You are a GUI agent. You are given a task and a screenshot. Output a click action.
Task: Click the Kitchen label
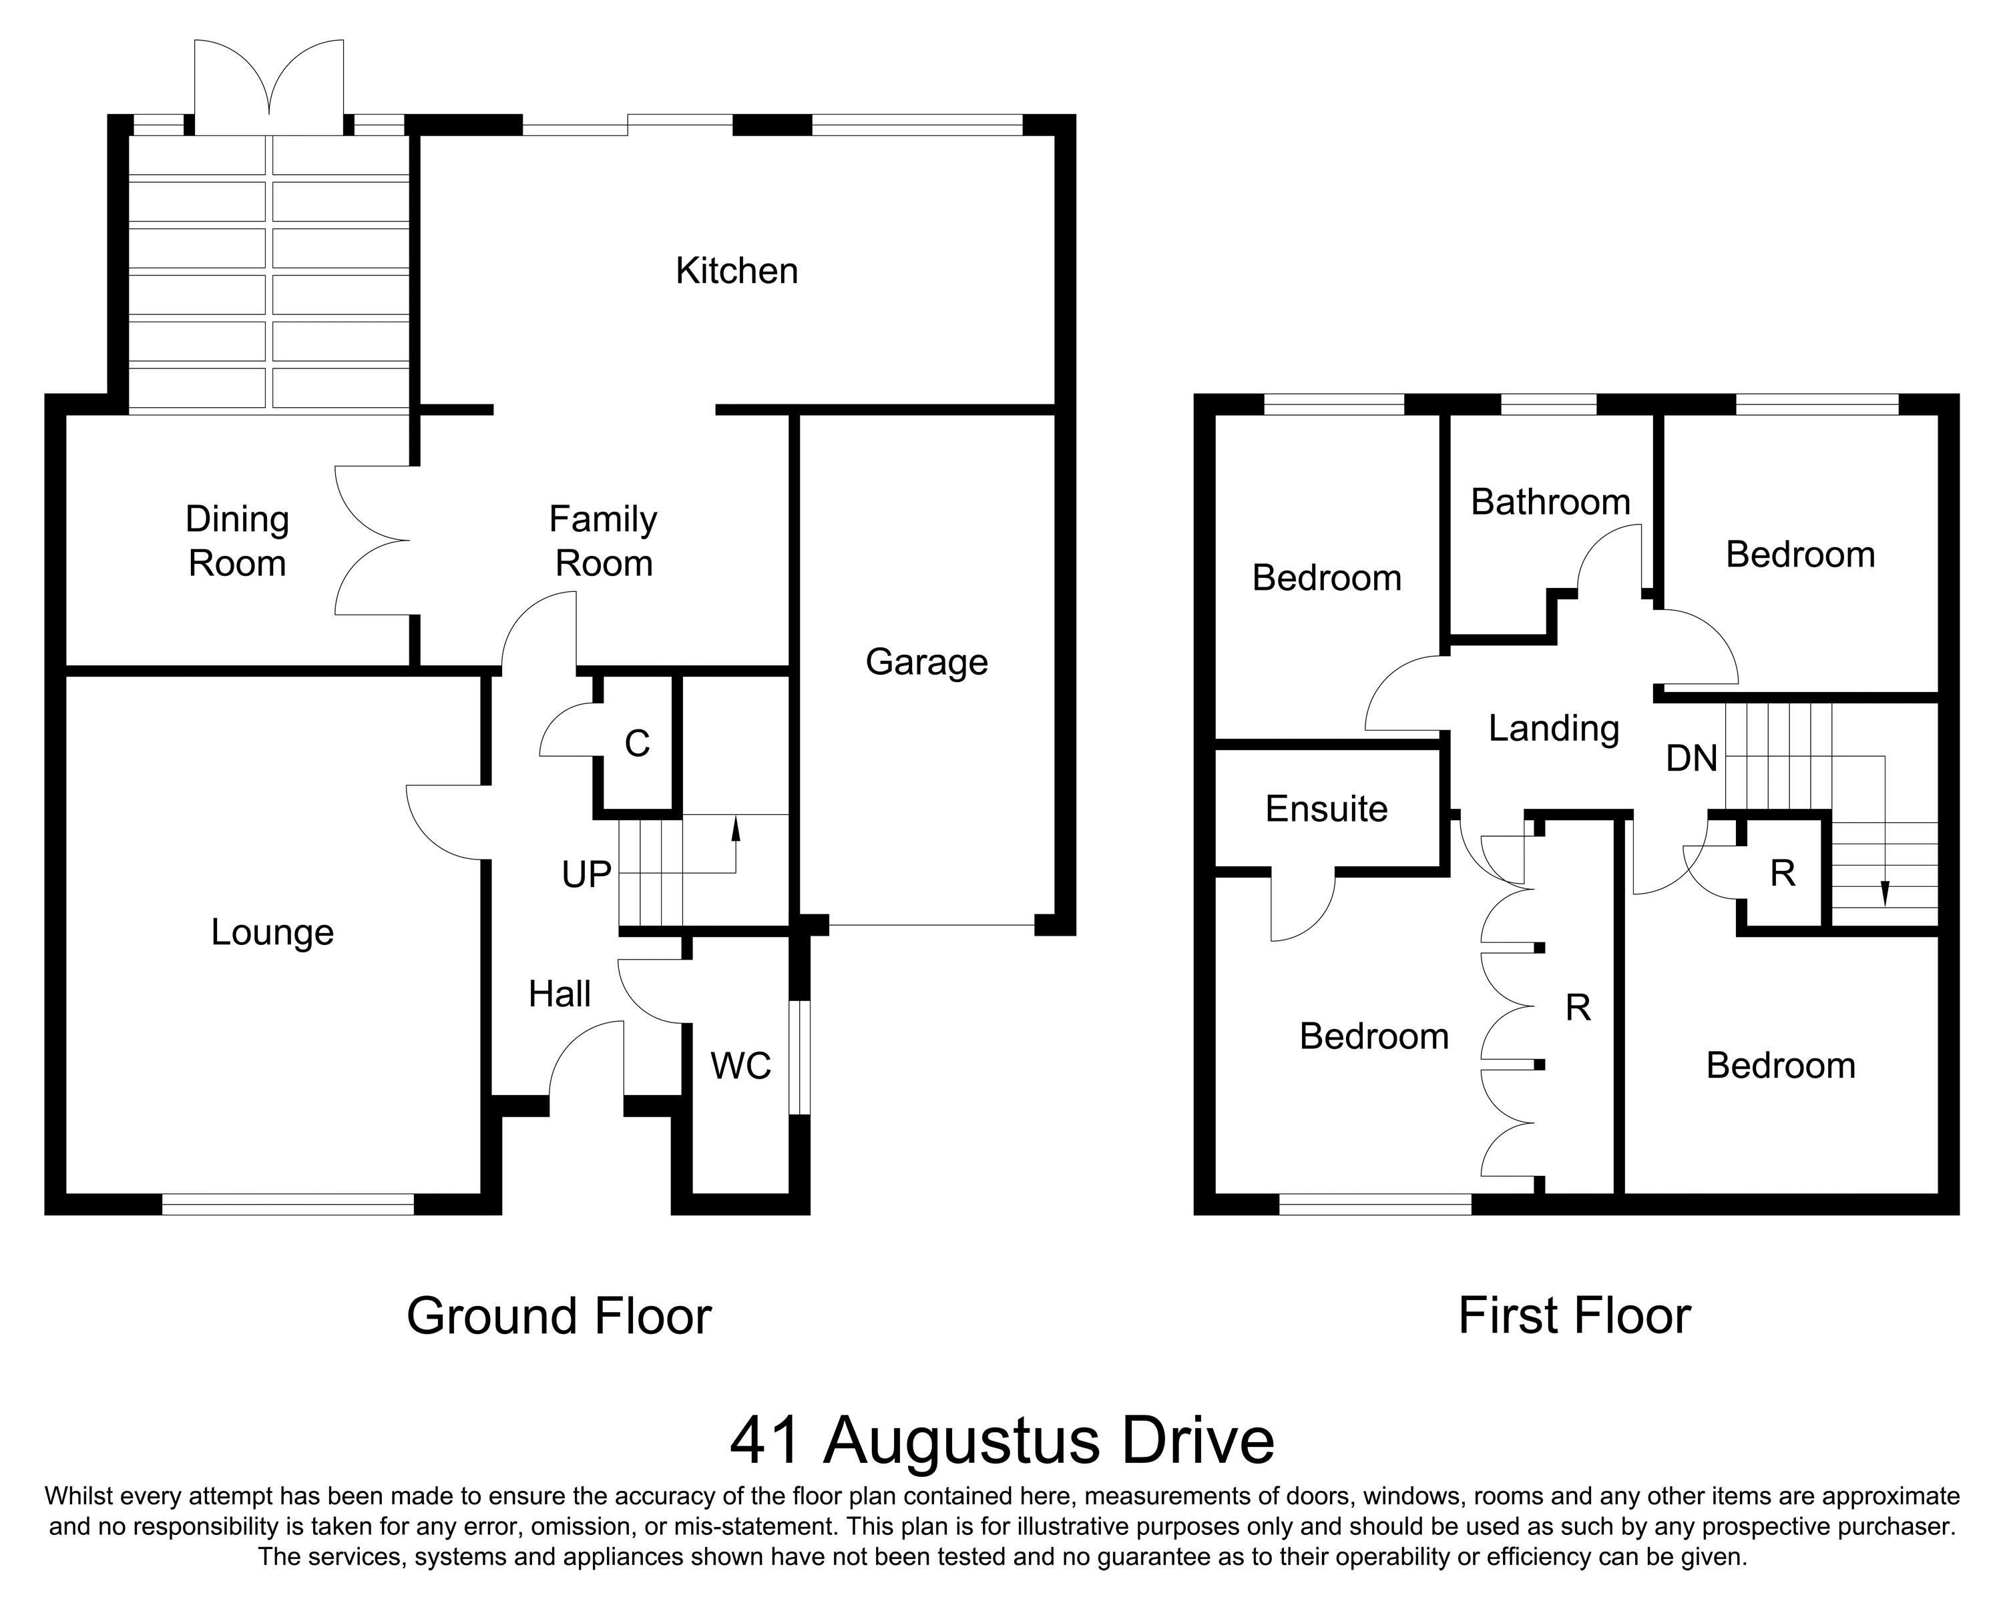[736, 271]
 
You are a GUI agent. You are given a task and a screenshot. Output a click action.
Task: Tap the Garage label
[926, 662]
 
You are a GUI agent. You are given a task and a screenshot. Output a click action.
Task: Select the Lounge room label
[272, 932]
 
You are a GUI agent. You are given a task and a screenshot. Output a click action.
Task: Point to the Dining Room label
[237, 541]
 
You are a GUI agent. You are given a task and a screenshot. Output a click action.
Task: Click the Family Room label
[604, 541]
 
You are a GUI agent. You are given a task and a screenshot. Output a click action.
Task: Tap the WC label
[740, 1066]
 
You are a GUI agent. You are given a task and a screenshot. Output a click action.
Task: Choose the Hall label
[560, 994]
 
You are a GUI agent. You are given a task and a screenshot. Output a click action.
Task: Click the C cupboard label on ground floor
[638, 743]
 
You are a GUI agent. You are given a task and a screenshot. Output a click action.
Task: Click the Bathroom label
[1550, 503]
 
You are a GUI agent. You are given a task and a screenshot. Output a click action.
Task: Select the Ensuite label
[1326, 810]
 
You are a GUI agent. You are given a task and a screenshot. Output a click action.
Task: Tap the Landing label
[1554, 729]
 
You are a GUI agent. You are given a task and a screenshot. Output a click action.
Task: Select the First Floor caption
[1574, 1316]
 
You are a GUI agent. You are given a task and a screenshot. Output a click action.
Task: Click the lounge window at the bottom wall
[288, 1205]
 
